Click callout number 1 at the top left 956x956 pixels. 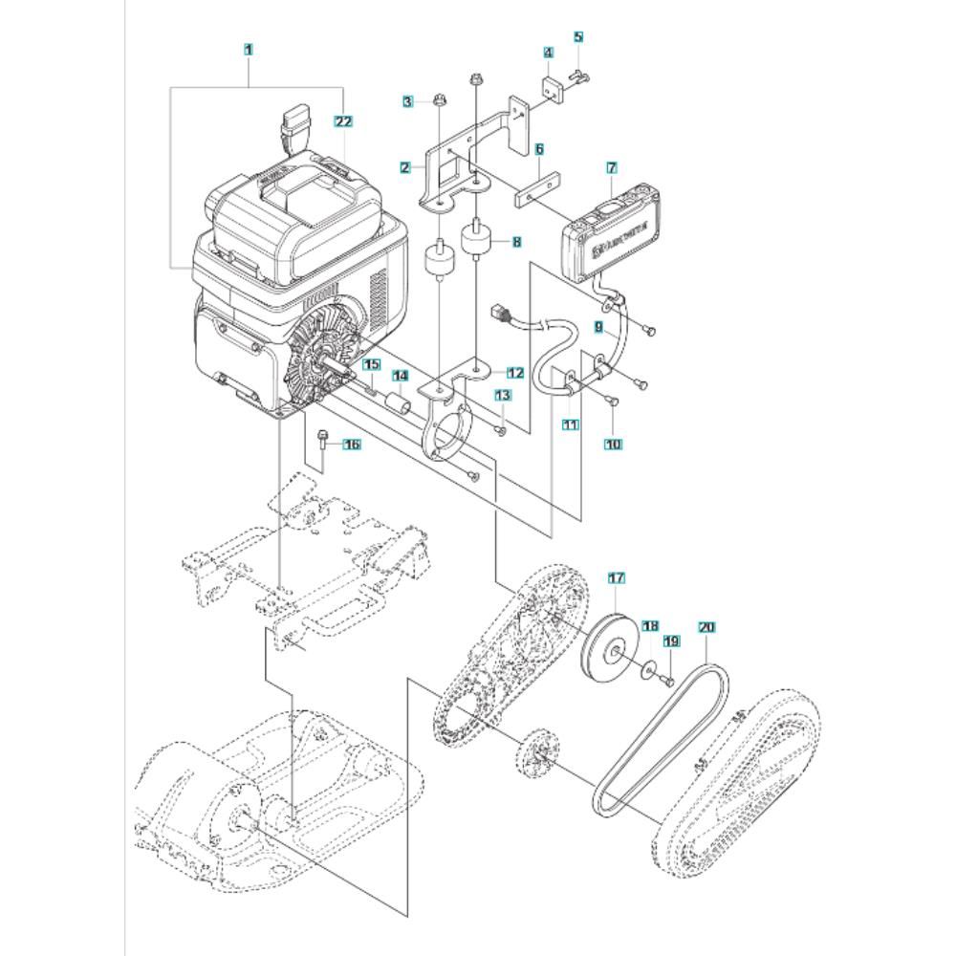click(249, 48)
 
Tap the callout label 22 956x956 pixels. click(344, 121)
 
